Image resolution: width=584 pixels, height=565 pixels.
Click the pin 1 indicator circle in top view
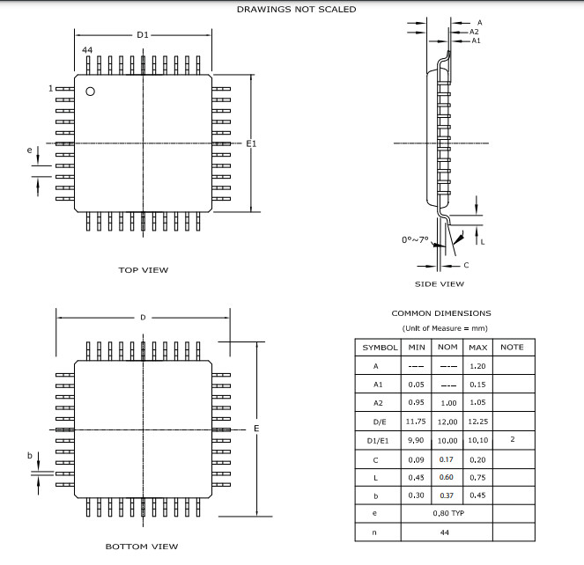pos(89,92)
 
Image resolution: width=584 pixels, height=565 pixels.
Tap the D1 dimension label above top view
pos(143,34)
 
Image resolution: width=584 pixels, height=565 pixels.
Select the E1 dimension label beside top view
pos(251,143)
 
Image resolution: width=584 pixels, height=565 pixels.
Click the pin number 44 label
pos(87,52)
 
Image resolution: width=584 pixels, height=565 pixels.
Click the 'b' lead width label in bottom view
pos(29,455)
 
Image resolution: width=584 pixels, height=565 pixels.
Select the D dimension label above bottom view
pos(143,317)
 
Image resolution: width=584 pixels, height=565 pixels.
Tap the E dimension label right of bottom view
pos(256,429)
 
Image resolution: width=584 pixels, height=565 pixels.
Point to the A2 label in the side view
pos(474,31)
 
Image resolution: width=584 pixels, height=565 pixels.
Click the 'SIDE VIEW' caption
pos(440,284)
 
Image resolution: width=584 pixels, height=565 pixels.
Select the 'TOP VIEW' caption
pos(144,270)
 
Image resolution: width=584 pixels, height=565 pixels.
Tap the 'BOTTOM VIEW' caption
pos(142,547)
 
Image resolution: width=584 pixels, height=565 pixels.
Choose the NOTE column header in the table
pos(512,347)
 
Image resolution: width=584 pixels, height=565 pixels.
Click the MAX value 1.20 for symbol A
pos(478,366)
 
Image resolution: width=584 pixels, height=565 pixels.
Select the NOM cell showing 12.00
pos(447,422)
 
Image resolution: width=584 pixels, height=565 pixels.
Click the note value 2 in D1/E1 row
pos(512,440)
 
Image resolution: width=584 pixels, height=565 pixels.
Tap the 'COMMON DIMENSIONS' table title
pos(441,313)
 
